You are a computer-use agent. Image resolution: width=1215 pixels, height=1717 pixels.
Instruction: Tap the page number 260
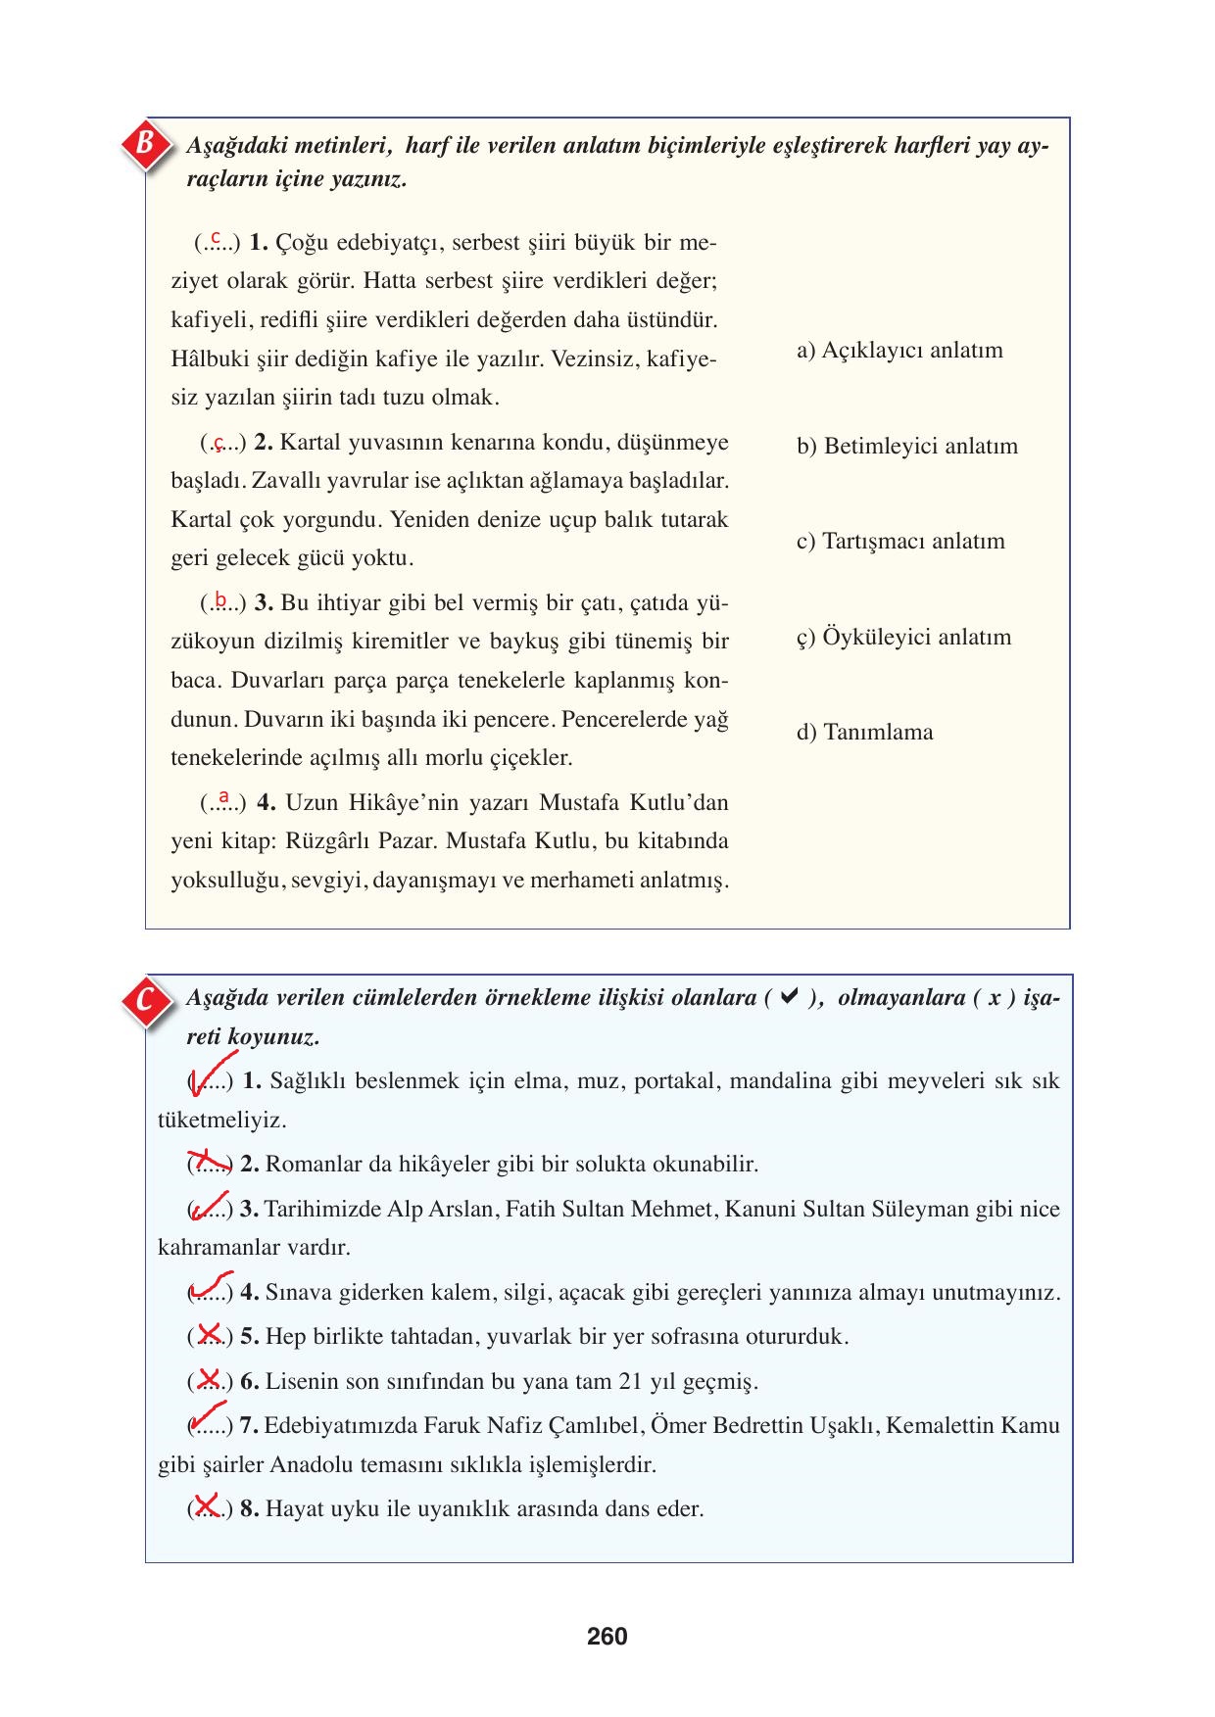[607, 1637]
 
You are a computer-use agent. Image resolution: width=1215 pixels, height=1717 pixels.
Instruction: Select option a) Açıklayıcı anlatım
[899, 351]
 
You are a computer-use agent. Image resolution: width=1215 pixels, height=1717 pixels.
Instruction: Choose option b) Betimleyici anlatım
[907, 447]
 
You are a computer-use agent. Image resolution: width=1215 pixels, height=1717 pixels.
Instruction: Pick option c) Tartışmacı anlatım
[900, 542]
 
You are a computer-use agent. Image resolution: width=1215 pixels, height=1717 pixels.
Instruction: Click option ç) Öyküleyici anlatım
[903, 638]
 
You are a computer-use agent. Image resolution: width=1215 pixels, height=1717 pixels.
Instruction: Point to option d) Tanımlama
[864, 733]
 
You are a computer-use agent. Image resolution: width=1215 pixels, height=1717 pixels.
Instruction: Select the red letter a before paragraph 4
[224, 797]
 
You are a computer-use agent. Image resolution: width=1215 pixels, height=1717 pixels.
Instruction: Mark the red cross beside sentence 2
[209, 1162]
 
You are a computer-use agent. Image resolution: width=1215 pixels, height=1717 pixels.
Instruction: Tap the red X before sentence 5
[209, 1333]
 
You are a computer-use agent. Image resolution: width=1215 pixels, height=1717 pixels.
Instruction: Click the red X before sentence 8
[208, 1505]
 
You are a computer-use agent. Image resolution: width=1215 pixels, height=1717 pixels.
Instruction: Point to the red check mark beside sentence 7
[208, 1417]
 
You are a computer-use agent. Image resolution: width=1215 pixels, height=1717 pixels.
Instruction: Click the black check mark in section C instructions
[788, 998]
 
